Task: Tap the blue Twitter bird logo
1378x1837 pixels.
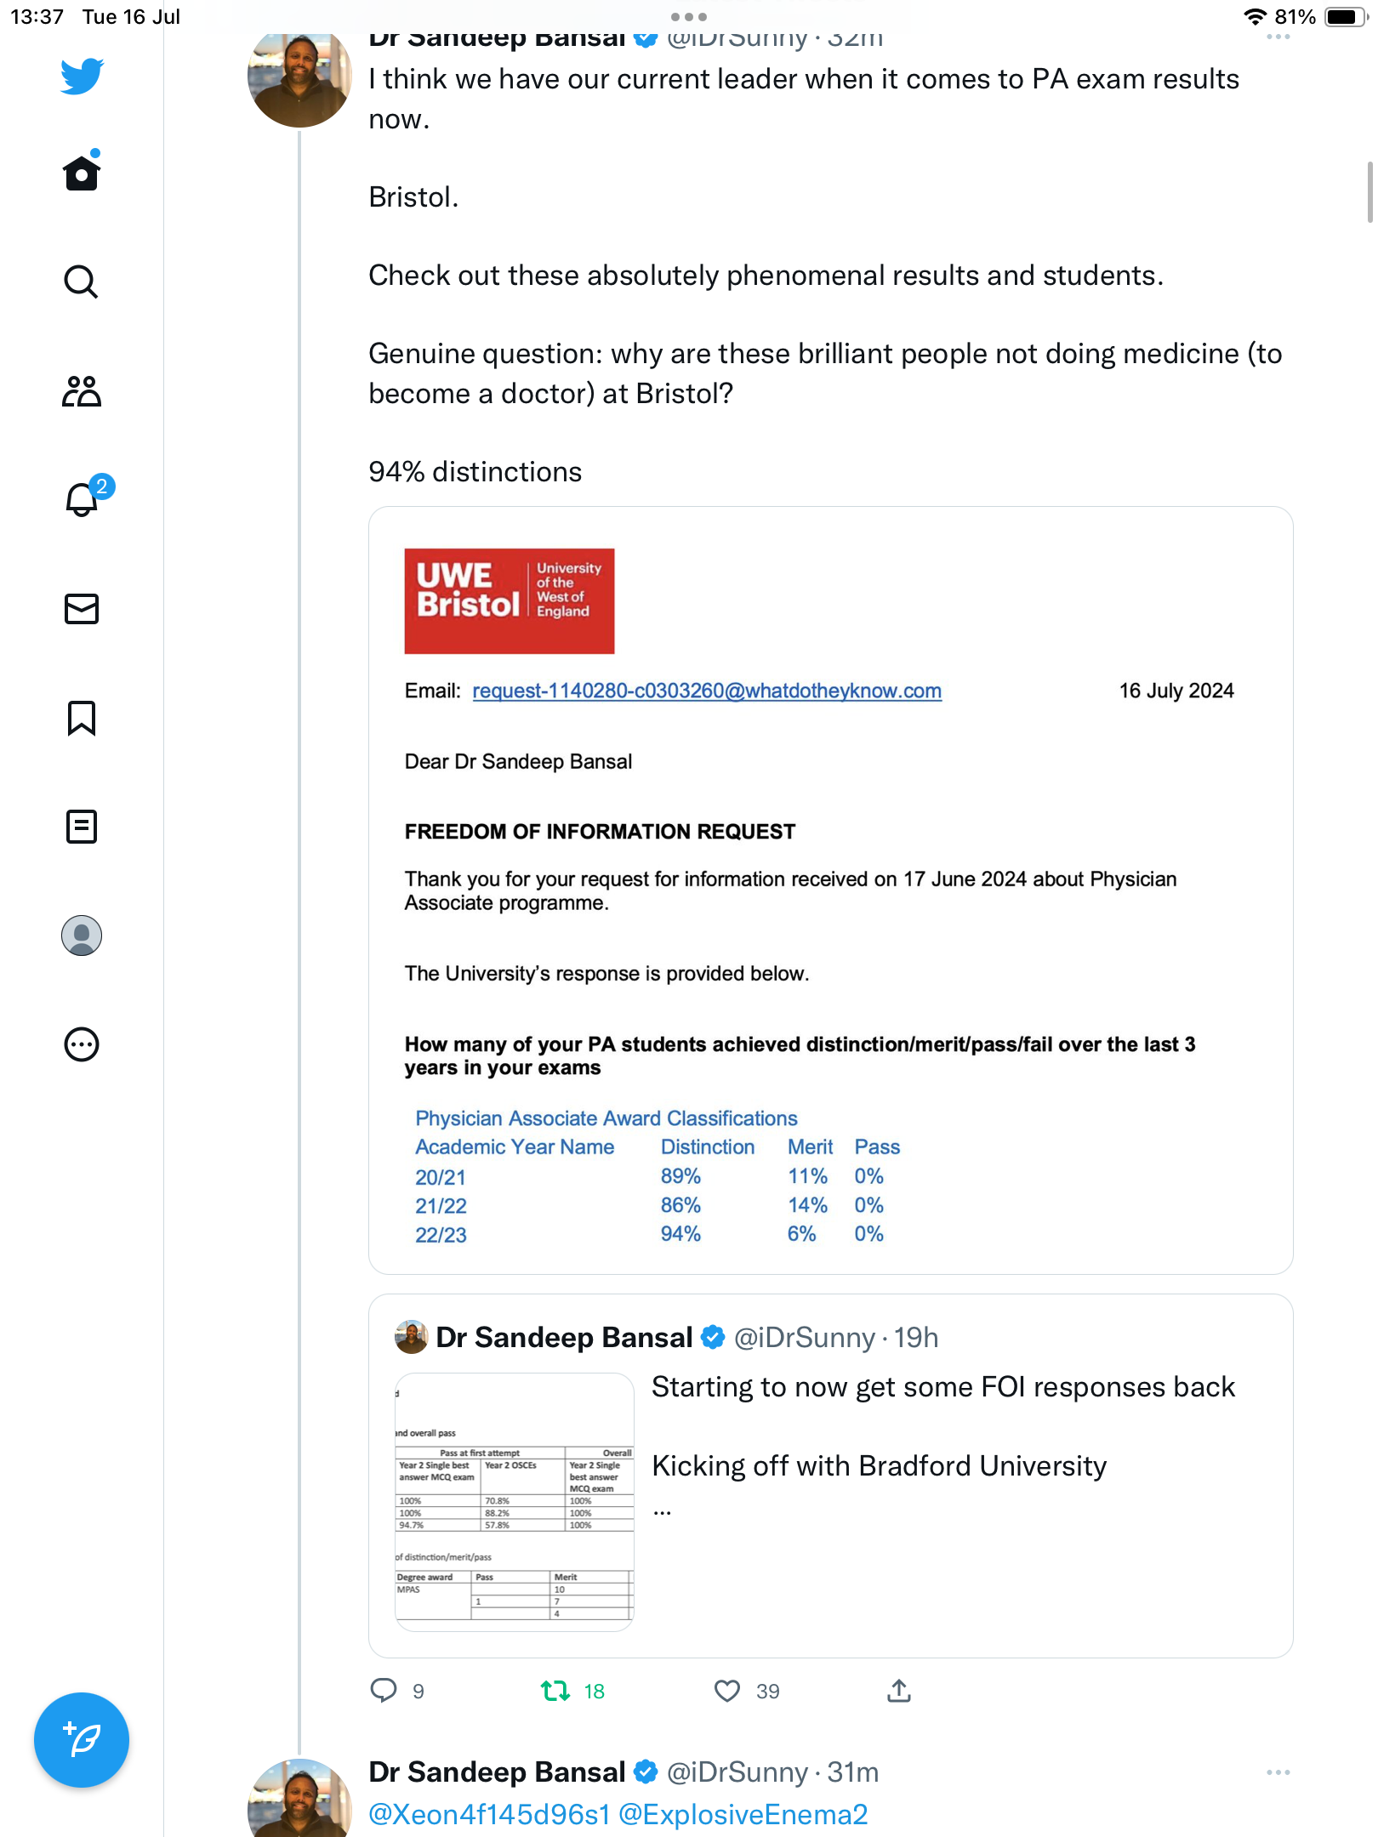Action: point(82,76)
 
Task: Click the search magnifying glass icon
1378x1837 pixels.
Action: point(81,282)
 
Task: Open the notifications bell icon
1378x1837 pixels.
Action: point(82,499)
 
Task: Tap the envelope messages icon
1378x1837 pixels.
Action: point(82,609)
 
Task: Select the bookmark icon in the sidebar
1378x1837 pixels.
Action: point(82,718)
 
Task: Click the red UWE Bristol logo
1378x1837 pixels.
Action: point(509,601)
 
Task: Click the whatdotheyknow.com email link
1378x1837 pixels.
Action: point(706,691)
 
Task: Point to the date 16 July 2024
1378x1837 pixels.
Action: point(1176,691)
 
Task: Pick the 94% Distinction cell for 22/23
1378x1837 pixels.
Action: point(680,1234)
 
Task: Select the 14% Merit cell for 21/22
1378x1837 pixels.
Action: point(806,1205)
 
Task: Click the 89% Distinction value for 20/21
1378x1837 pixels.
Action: point(680,1176)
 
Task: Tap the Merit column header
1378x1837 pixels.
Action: point(810,1147)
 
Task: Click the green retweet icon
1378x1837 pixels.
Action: point(555,1691)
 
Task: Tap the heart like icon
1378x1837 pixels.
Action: point(726,1691)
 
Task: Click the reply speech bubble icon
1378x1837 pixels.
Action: point(384,1691)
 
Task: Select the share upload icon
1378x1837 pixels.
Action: point(898,1691)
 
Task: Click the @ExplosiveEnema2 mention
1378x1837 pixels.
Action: point(743,1815)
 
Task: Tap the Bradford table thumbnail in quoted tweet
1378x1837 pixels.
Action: point(515,1502)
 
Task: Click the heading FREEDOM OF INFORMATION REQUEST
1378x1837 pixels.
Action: point(600,832)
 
